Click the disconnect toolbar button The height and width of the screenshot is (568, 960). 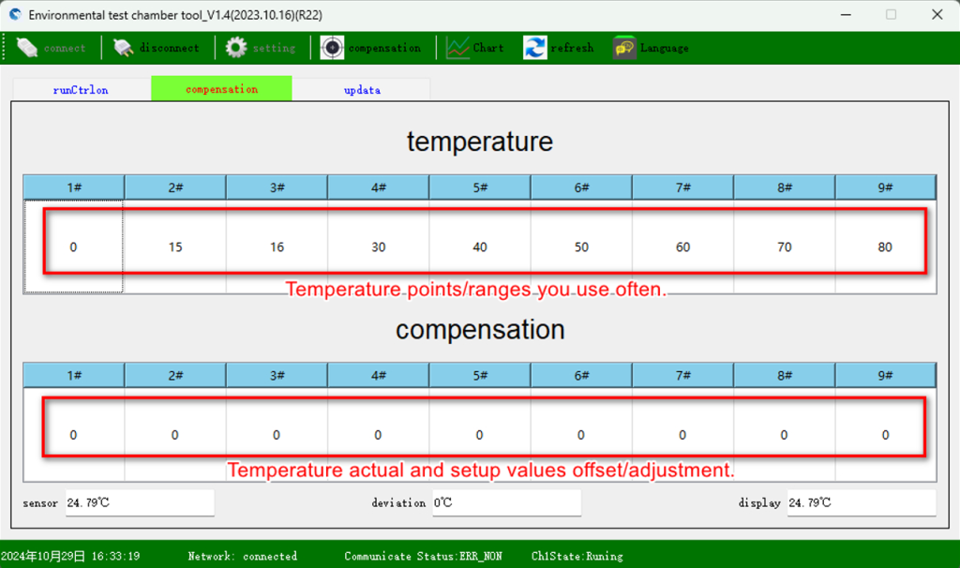[157, 48]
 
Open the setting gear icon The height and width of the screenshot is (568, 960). [235, 48]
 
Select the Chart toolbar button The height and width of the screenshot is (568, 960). [474, 48]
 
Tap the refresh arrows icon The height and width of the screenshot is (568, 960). [534, 48]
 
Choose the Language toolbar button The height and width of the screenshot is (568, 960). [651, 48]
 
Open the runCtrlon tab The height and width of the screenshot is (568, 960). [81, 89]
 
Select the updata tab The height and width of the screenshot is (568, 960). [362, 89]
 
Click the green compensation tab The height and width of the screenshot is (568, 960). [221, 89]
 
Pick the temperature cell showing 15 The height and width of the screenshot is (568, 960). [175, 247]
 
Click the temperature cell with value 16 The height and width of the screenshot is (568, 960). [277, 247]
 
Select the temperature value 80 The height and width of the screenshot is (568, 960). [885, 247]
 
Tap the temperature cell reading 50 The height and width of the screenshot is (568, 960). [581, 247]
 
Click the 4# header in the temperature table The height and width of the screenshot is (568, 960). [379, 187]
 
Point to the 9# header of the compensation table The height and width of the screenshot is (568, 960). [885, 375]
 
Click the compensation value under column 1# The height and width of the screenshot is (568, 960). [73, 435]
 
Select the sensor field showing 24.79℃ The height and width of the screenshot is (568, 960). [141, 502]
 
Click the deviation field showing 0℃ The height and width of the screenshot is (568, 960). [506, 502]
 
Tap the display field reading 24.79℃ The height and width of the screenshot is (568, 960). [862, 502]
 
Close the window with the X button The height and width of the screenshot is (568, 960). [937, 15]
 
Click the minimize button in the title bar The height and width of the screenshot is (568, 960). [847, 15]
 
